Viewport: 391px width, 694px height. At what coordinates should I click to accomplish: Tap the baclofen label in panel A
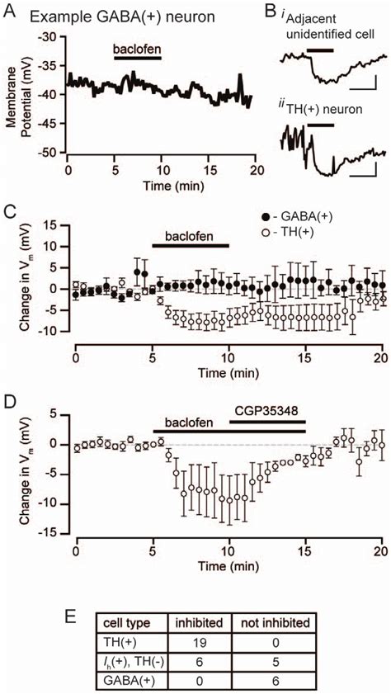(x=137, y=49)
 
